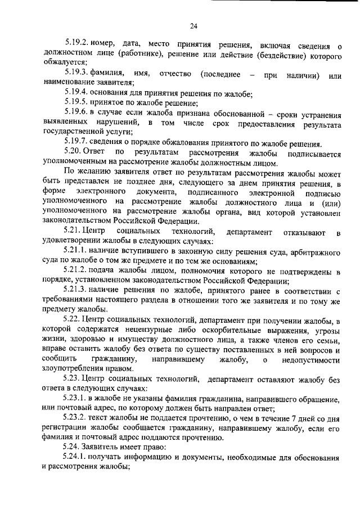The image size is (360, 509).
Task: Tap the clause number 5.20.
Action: tap(73, 154)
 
